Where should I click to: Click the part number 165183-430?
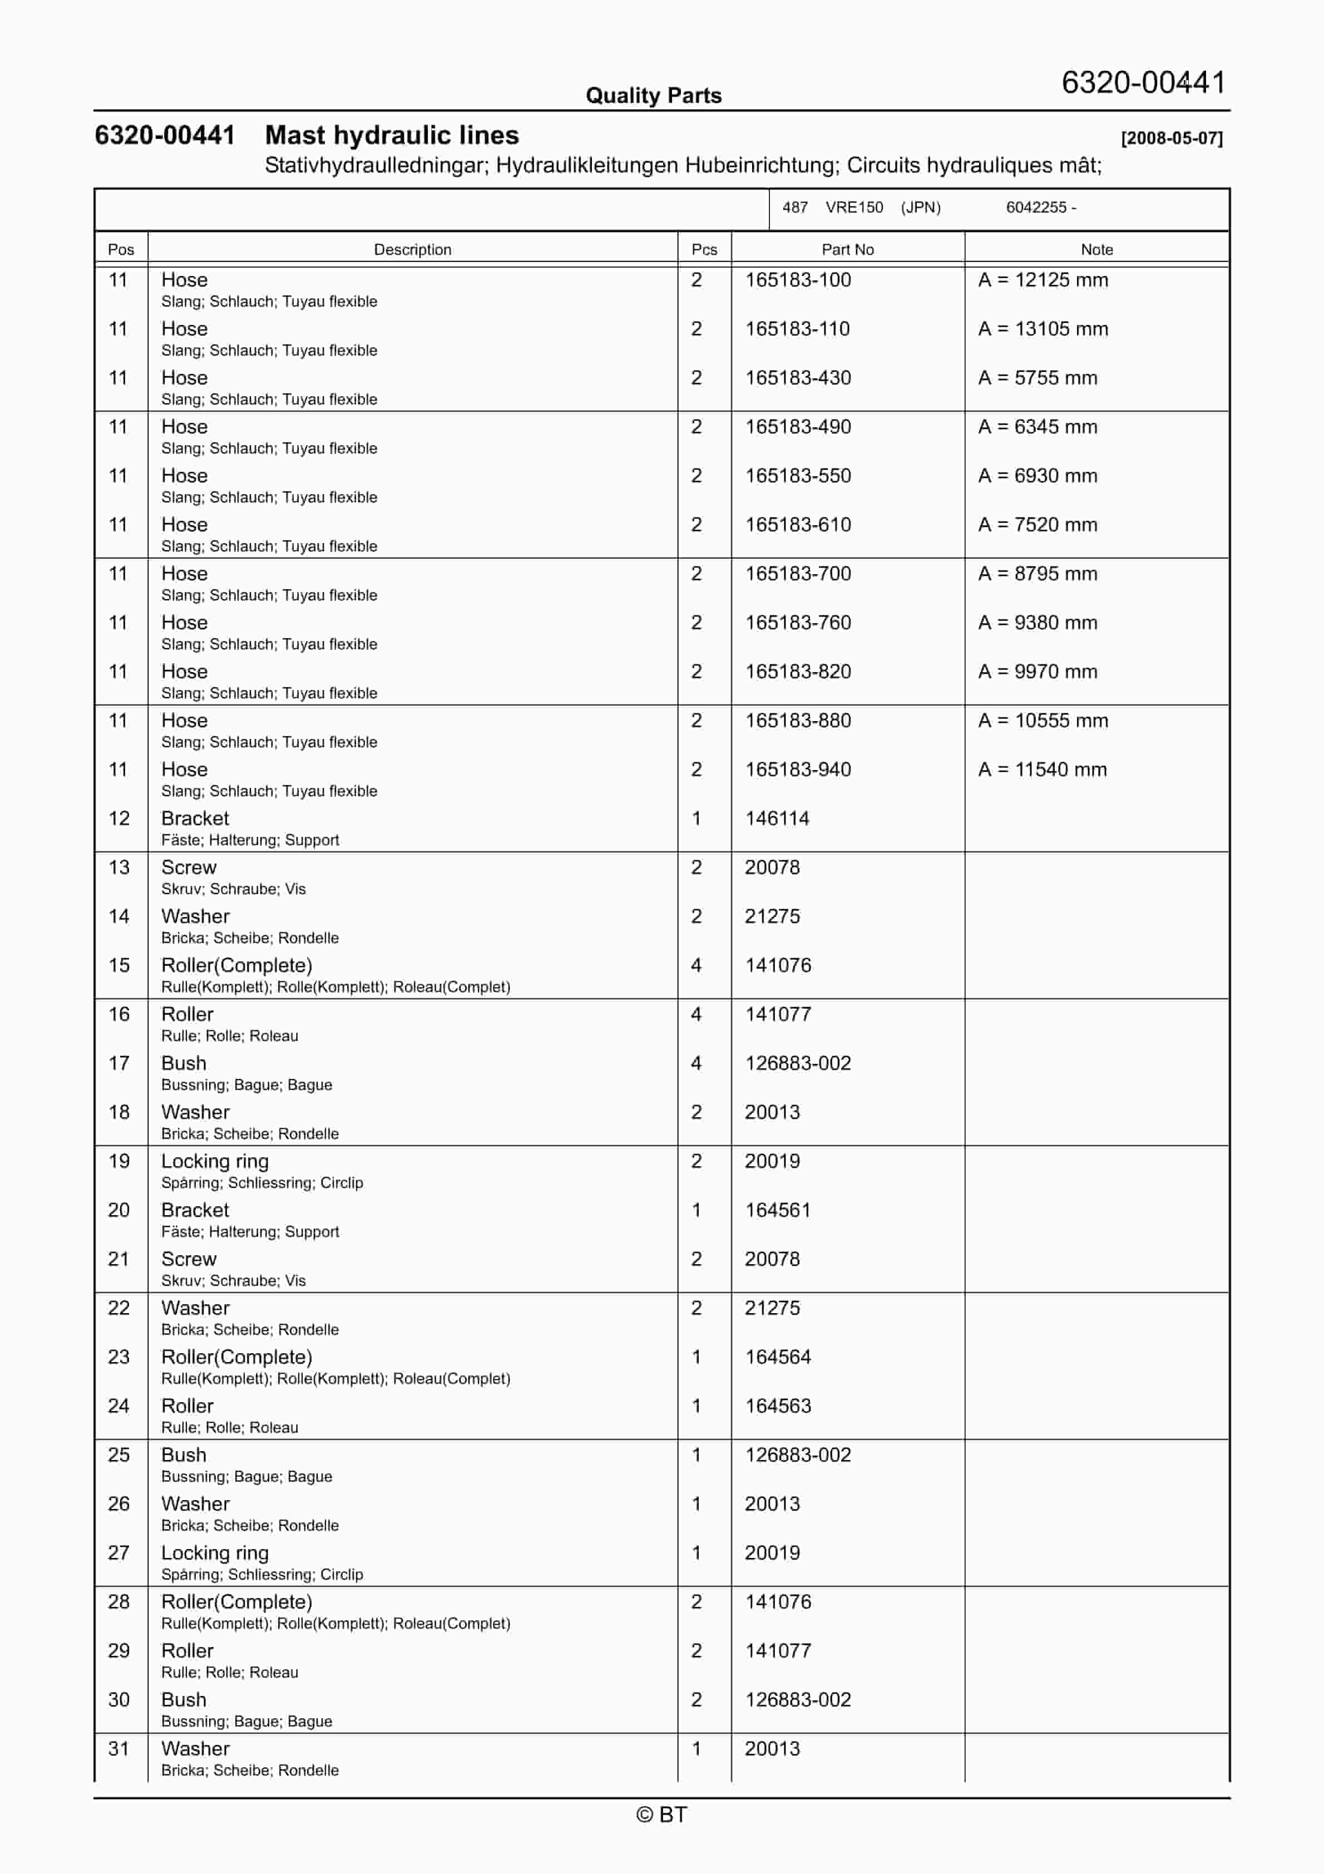pyautogui.click(x=798, y=378)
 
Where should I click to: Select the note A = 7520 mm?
pyautogui.click(x=1038, y=525)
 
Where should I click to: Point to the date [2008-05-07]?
pyautogui.click(x=1172, y=138)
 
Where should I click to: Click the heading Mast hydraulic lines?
pyautogui.click(x=392, y=136)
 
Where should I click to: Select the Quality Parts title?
pyautogui.click(x=653, y=96)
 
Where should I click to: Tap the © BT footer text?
pyautogui.click(x=661, y=1814)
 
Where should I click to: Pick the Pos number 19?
pyautogui.click(x=119, y=1161)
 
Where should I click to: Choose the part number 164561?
pyautogui.click(x=777, y=1210)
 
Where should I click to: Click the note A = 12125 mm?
pyautogui.click(x=1043, y=280)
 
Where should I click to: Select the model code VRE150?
pyautogui.click(x=854, y=208)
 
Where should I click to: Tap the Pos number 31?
pyautogui.click(x=119, y=1749)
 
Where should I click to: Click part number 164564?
pyautogui.click(x=777, y=1357)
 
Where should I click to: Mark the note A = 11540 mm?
pyautogui.click(x=1043, y=770)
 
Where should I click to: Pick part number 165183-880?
pyautogui.click(x=798, y=721)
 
